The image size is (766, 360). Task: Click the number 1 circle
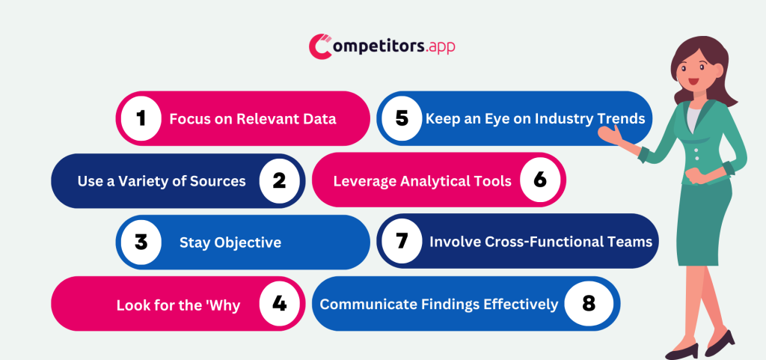tap(141, 118)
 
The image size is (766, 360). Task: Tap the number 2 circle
tap(279, 180)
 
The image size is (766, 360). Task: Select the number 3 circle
tap(141, 242)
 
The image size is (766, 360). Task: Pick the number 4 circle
tap(279, 303)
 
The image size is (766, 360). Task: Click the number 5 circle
tap(402, 118)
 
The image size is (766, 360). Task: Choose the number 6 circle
tap(540, 180)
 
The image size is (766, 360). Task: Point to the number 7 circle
tap(402, 242)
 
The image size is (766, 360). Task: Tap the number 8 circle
tap(589, 303)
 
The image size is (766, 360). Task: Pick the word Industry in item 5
tap(552, 119)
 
